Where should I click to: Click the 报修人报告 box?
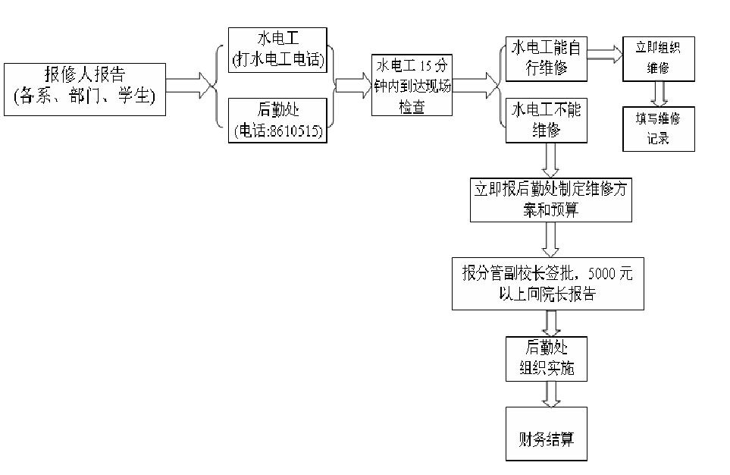tap(84, 89)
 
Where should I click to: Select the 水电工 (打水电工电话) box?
tap(277, 50)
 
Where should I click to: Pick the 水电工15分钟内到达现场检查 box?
tap(412, 85)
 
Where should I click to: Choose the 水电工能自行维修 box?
tap(547, 59)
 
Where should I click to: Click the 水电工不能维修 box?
tap(547, 119)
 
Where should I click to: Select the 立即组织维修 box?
tap(658, 58)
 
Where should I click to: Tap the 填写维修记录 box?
tap(658, 128)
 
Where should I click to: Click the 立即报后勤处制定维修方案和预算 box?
tap(550, 200)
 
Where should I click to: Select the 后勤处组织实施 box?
tap(546, 358)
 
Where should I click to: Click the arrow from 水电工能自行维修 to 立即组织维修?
tap(604, 53)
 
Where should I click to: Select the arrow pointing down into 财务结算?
tap(550, 394)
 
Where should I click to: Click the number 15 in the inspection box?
tap(431, 65)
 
